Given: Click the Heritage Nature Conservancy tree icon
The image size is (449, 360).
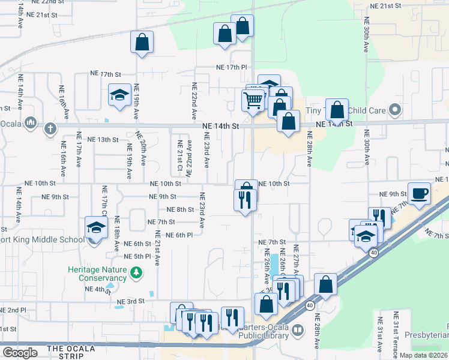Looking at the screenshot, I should pos(137,274).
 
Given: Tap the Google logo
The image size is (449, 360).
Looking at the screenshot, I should pos(20,353).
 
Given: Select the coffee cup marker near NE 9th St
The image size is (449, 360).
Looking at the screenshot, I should pos(419,193).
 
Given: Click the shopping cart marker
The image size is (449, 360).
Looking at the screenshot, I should pos(254,100).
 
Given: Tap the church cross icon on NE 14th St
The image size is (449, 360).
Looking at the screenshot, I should pos(50,128).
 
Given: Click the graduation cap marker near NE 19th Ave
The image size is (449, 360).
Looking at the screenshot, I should pos(119,95).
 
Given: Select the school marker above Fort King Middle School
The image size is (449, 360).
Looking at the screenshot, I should pos(95,227).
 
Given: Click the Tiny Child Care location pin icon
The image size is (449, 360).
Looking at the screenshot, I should pos(394,110).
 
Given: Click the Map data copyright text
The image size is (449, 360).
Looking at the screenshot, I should pos(423,355).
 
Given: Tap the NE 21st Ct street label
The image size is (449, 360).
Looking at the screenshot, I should pos(179,155).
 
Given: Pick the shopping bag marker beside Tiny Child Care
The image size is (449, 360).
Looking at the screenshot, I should pos(337,110).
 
